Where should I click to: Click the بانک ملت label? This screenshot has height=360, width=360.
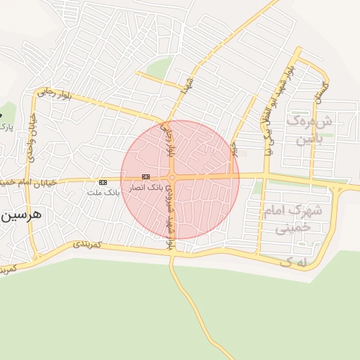click(103, 191)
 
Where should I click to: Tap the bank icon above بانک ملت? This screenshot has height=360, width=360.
click(103, 181)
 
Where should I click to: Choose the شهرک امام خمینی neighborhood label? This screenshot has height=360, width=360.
click(290, 217)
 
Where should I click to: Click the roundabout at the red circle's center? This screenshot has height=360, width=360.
click(172, 178)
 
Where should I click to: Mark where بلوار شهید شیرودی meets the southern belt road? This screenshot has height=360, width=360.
click(169, 253)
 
